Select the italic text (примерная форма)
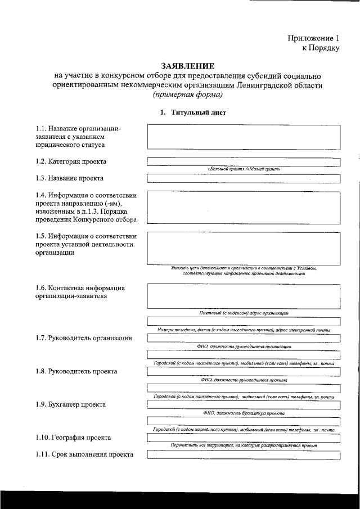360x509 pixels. coord(187,94)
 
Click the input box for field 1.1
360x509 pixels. coord(244,137)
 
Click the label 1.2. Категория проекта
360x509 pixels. coord(70,161)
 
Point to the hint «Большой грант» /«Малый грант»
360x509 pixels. coord(244,169)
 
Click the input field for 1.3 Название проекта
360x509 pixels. coord(244,179)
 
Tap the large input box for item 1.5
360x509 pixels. coord(244,248)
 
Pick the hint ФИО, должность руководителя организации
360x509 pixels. coord(244,348)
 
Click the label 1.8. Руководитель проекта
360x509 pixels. coord(76,372)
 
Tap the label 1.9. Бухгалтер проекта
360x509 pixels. coord(70,404)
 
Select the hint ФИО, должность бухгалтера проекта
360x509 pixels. coord(244,413)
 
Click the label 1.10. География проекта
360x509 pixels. coord(73,437)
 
